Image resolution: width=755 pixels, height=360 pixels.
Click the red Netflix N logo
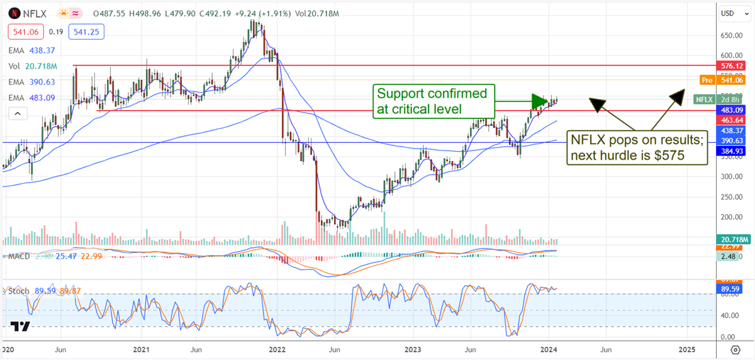coord(14,13)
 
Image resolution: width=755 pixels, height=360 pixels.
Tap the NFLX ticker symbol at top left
coord(35,13)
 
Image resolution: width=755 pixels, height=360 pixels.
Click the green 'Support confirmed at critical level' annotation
coord(432,101)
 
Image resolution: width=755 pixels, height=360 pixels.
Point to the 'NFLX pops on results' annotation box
coord(637,148)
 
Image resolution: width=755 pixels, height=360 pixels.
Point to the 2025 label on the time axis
coord(686,349)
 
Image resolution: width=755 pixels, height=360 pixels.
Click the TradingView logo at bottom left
coord(21,327)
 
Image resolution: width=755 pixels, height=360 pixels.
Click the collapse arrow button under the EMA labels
coord(18,113)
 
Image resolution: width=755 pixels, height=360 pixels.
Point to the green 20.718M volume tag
coord(732,240)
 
